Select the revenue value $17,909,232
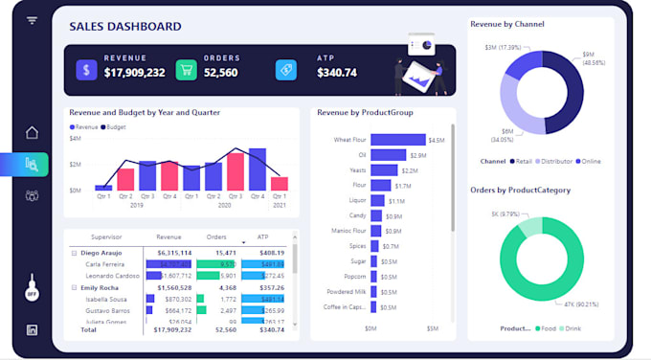point(134,73)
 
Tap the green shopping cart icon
point(186,70)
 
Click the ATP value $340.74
point(336,73)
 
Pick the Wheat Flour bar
point(397,140)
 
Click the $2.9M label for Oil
point(418,155)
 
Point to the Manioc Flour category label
point(347,230)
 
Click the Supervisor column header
point(105,236)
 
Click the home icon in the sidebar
point(33,133)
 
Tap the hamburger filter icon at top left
point(33,20)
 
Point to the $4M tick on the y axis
point(76,138)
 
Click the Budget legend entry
point(116,126)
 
